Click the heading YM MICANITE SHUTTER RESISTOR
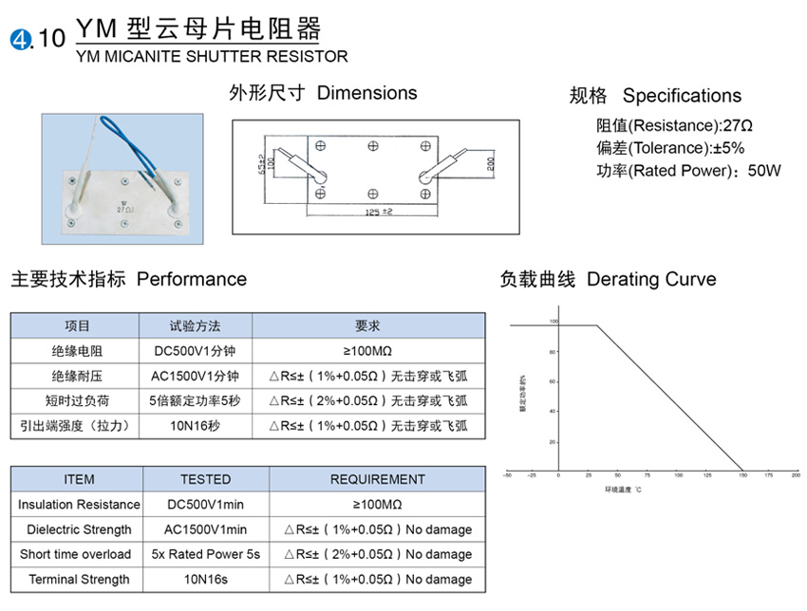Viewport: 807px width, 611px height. point(211,57)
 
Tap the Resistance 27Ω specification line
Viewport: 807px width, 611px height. point(674,125)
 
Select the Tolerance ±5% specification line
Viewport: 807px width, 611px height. point(670,148)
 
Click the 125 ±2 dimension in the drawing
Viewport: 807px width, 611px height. point(378,212)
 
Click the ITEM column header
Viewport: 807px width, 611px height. point(79,479)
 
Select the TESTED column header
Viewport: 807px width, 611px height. point(205,479)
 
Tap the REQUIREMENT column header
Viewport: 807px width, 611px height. point(377,479)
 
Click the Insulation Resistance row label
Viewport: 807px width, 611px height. point(79,505)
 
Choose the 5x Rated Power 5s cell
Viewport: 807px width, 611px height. point(205,554)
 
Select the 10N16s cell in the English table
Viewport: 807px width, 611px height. point(205,579)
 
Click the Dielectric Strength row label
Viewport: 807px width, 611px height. point(79,529)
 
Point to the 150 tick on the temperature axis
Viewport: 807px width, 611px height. point(742,474)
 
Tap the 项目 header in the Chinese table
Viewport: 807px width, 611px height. point(77,325)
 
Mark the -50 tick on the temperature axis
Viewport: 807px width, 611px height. point(507,474)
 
